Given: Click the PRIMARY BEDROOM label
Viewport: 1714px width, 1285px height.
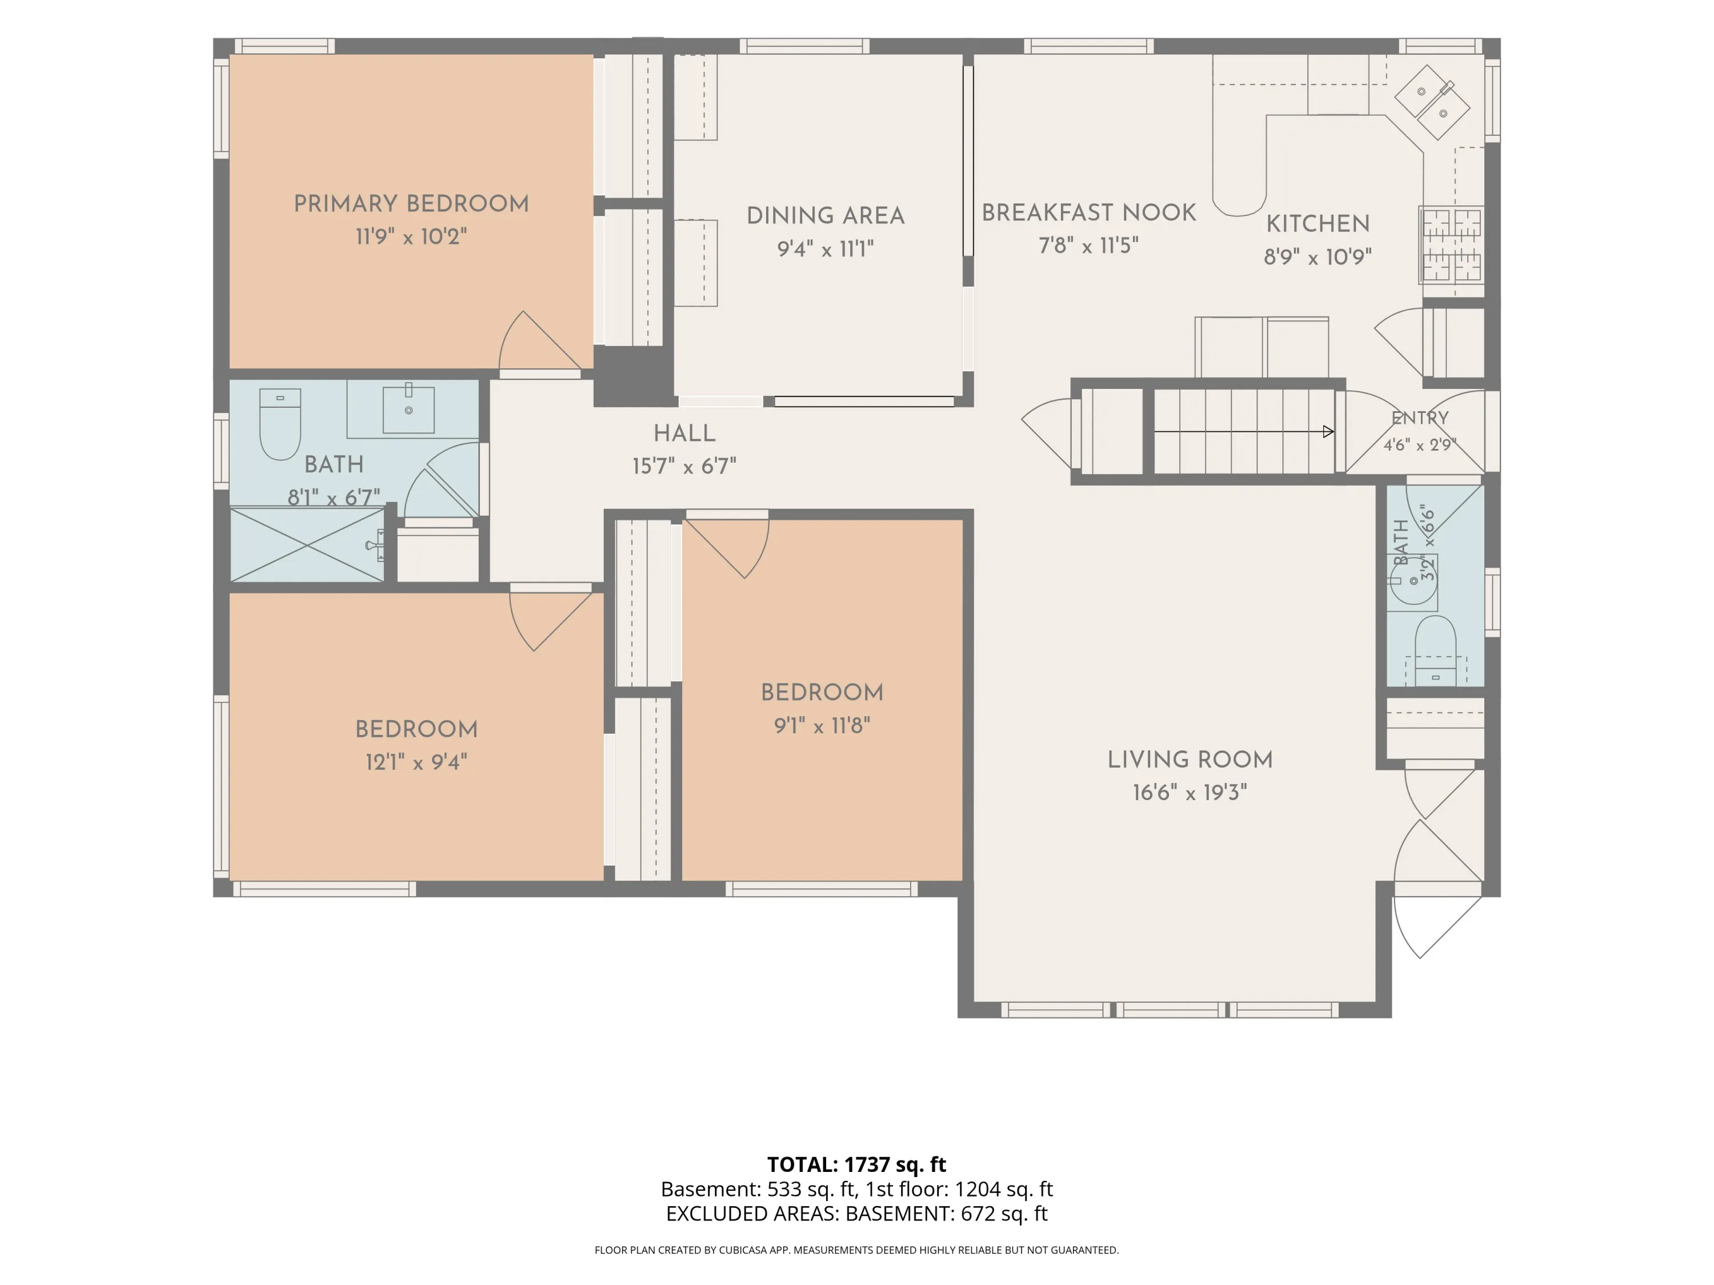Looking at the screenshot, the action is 411,204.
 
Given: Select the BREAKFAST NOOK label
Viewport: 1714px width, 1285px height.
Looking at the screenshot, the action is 1089,212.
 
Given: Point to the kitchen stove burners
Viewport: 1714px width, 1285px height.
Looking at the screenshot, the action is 1451,244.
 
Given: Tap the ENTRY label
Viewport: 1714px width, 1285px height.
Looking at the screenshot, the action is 1420,418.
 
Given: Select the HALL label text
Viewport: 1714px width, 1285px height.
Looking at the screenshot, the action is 684,433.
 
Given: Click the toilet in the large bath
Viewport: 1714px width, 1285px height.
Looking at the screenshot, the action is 280,424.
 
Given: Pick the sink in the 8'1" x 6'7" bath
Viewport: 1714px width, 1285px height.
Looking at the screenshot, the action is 409,408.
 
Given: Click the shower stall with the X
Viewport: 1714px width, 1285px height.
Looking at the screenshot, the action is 307,544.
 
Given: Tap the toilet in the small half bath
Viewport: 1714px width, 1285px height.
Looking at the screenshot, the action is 1435,650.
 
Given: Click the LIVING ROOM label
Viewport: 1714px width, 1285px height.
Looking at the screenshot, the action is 1190,760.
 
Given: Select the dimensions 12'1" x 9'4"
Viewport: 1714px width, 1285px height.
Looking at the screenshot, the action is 416,762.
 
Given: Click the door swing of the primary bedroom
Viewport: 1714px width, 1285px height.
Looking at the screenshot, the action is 539,341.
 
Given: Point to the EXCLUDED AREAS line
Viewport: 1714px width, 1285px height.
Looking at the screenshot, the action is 856,1214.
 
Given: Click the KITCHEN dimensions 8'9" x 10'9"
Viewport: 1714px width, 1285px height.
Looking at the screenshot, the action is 1317,256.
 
